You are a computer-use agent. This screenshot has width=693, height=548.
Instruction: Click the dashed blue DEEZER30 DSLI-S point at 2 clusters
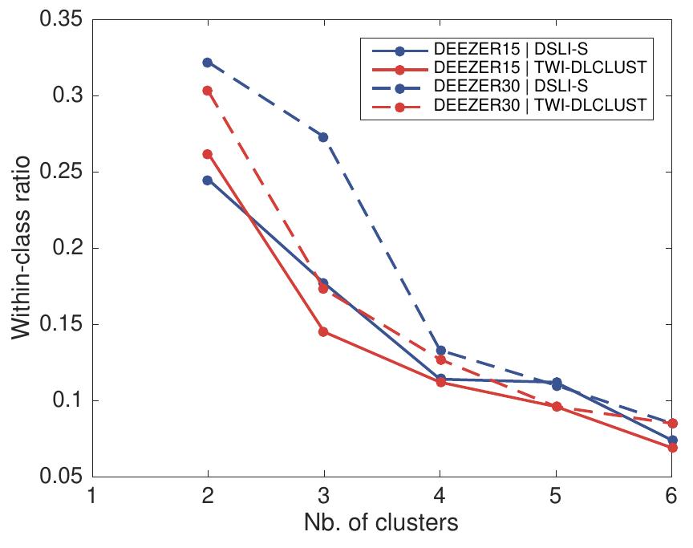(208, 62)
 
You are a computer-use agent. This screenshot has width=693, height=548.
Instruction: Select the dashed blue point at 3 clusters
(323, 137)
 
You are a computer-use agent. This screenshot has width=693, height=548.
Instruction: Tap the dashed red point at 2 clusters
(208, 91)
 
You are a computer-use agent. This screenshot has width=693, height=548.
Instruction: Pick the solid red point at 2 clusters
(208, 154)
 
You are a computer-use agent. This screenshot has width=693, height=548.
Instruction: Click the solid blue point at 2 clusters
(208, 180)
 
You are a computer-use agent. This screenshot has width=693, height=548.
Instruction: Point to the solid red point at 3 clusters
(323, 331)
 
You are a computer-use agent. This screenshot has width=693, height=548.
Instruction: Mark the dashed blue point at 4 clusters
(440, 351)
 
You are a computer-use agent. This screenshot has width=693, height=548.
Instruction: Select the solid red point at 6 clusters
(672, 448)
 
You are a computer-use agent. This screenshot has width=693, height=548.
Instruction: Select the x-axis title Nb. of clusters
(381, 524)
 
